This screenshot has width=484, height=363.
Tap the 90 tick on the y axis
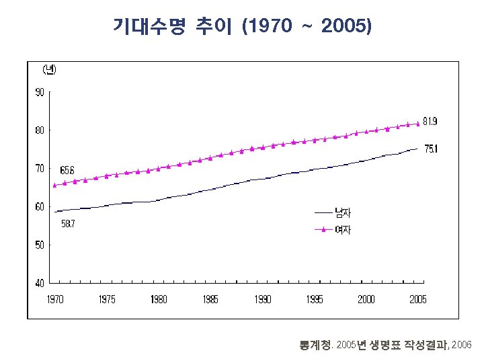[40, 92]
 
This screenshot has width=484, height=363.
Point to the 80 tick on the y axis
[40, 130]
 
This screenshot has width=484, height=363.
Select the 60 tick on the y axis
[40, 207]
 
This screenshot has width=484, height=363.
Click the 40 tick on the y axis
[40, 283]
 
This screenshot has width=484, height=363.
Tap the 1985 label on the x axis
[210, 299]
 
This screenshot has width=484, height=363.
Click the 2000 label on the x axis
[366, 299]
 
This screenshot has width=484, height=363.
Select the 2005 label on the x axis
[417, 299]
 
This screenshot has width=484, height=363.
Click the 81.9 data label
[431, 122]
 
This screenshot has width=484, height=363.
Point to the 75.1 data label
[431, 149]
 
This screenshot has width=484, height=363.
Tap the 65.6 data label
[67, 169]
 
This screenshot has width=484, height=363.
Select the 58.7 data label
[67, 224]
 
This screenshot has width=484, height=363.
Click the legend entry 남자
[343, 213]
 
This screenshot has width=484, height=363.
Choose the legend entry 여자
[343, 230]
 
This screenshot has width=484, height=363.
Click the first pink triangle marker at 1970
[54, 185]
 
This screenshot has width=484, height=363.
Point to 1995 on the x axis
[314, 299]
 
